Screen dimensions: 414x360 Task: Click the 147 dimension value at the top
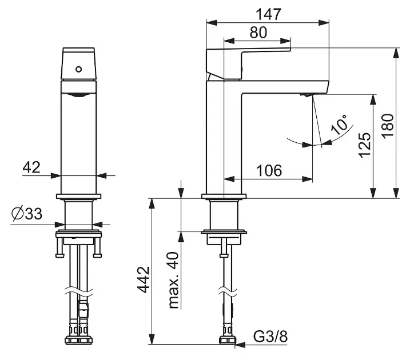click(269, 14)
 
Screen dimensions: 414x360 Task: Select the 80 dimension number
click(258, 33)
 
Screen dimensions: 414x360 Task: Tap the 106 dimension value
click(269, 170)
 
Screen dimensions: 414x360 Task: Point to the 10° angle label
click(340, 125)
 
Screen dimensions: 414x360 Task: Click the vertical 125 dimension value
click(365, 145)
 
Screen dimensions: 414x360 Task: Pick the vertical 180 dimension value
click(388, 126)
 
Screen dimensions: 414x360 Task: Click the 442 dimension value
click(144, 280)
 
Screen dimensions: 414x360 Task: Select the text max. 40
click(173, 281)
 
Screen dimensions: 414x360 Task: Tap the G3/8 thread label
click(270, 337)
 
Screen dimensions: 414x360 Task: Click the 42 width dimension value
click(31, 167)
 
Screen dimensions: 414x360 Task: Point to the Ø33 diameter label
click(27, 214)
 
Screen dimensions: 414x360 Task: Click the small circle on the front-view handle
click(78, 69)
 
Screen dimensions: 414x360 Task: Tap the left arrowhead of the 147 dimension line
click(212, 23)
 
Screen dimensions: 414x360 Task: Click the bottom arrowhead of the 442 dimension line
click(152, 339)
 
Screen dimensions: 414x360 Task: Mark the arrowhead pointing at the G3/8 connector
click(240, 345)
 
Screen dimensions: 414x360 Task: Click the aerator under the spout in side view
click(306, 95)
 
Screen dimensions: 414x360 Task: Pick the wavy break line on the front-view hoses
click(79, 291)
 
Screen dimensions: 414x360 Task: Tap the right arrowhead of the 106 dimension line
click(307, 179)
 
